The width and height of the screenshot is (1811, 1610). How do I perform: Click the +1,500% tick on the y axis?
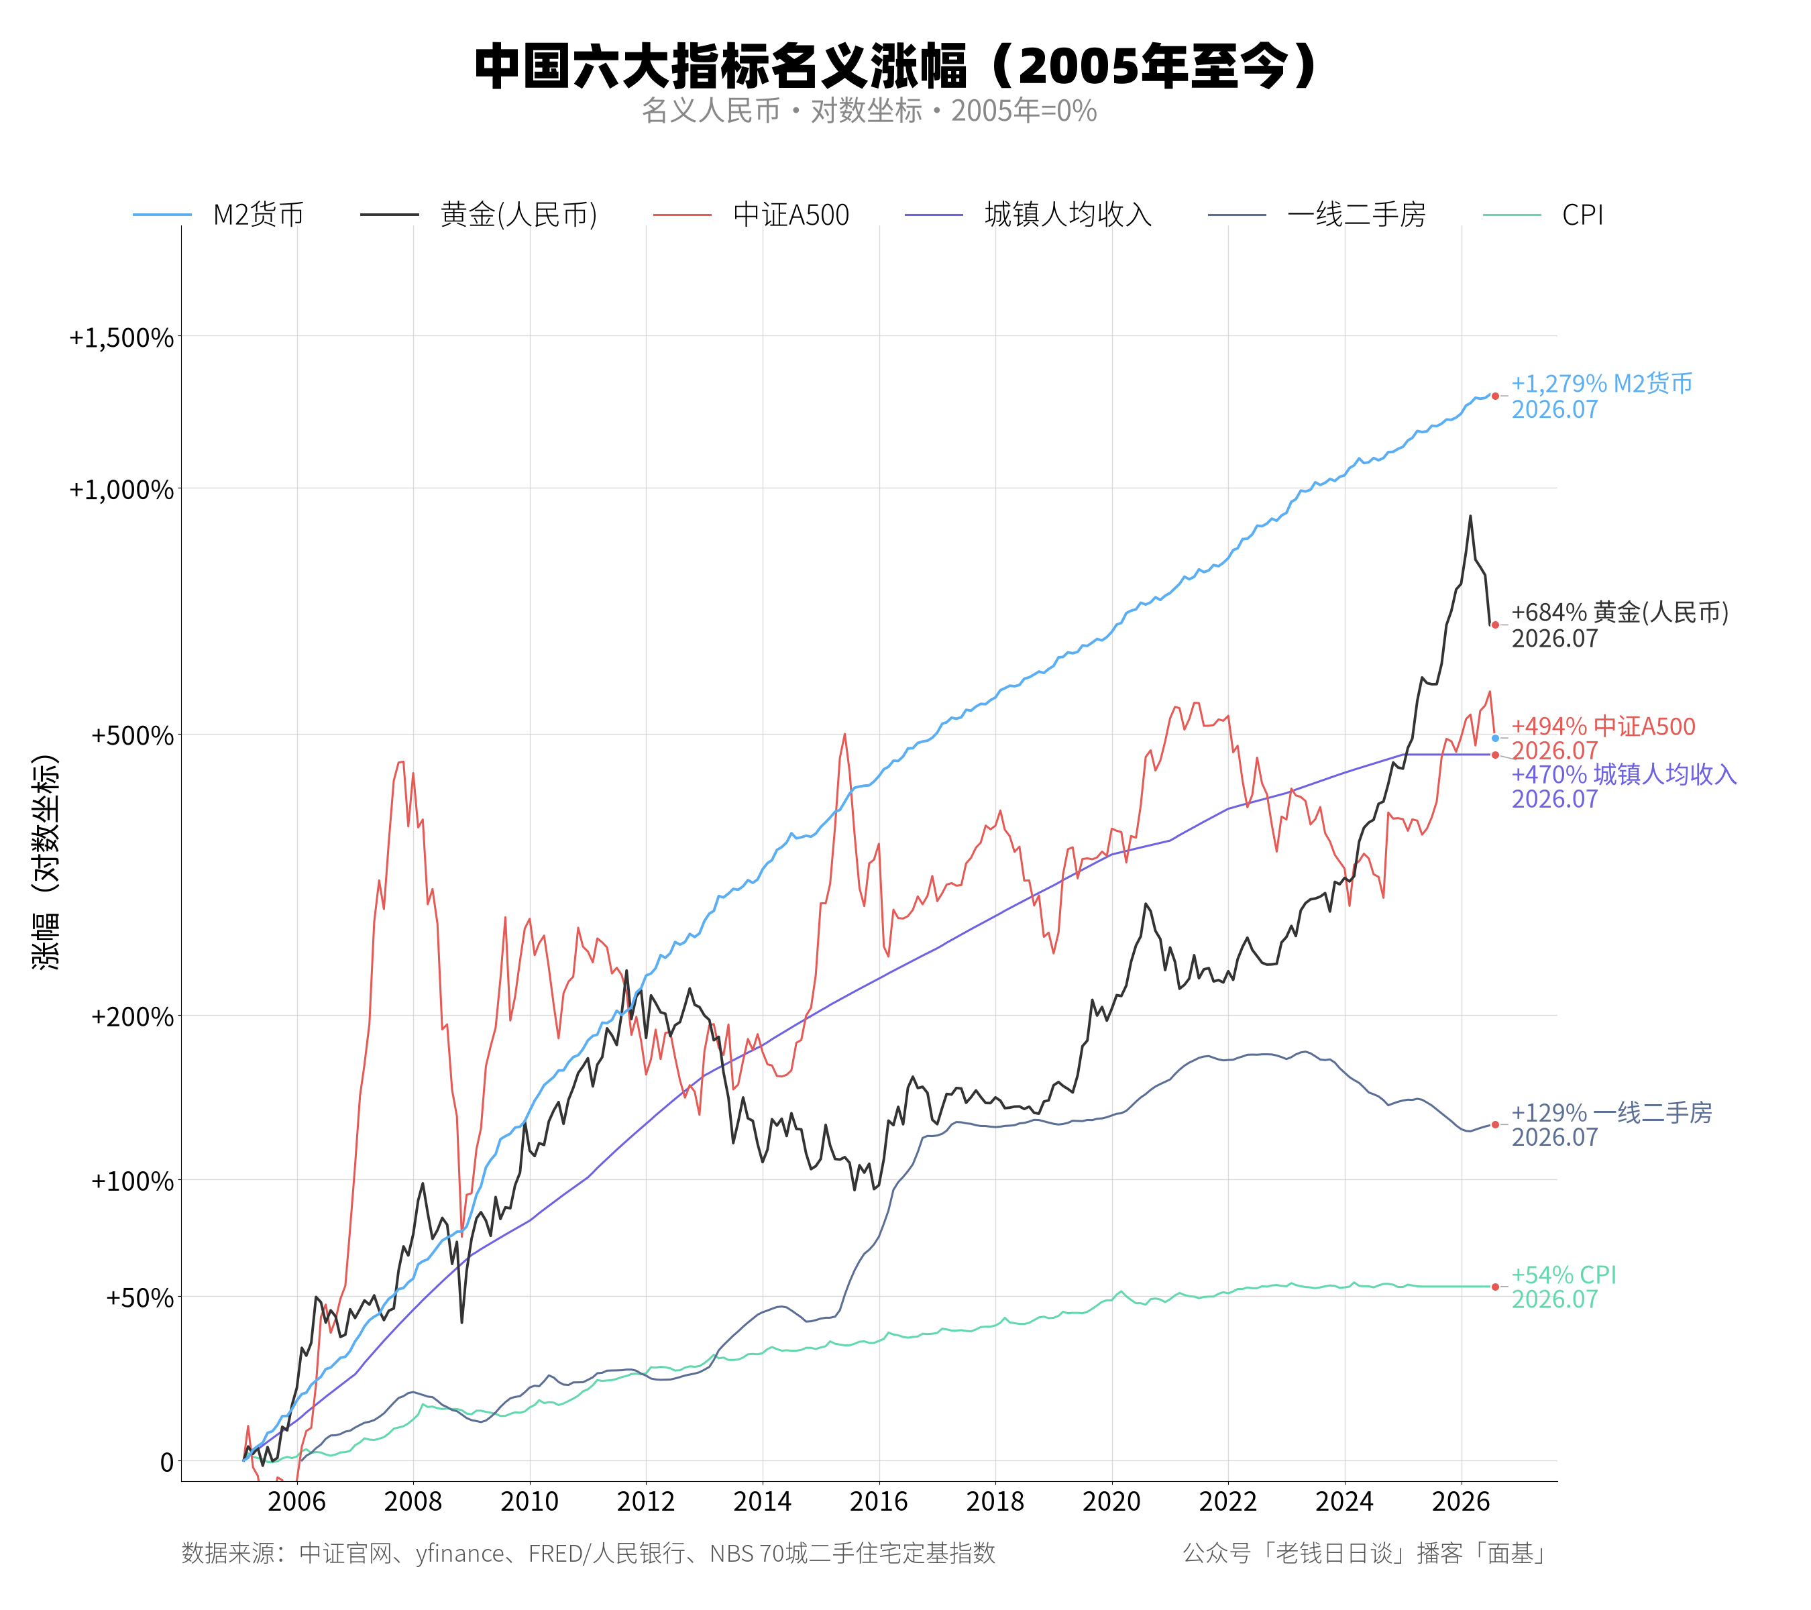[x=121, y=337]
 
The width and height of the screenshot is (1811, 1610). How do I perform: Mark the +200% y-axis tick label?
[x=132, y=1016]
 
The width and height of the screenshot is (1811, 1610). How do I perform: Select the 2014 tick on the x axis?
[x=762, y=1501]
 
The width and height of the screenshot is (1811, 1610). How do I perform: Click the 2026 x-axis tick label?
[x=1461, y=1501]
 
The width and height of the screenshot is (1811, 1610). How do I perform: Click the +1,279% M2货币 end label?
[x=1602, y=396]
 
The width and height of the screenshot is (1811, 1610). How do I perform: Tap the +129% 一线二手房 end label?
[x=1610, y=1124]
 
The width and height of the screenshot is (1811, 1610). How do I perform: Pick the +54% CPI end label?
[x=1563, y=1287]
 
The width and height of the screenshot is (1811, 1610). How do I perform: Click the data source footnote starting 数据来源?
[x=588, y=1553]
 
